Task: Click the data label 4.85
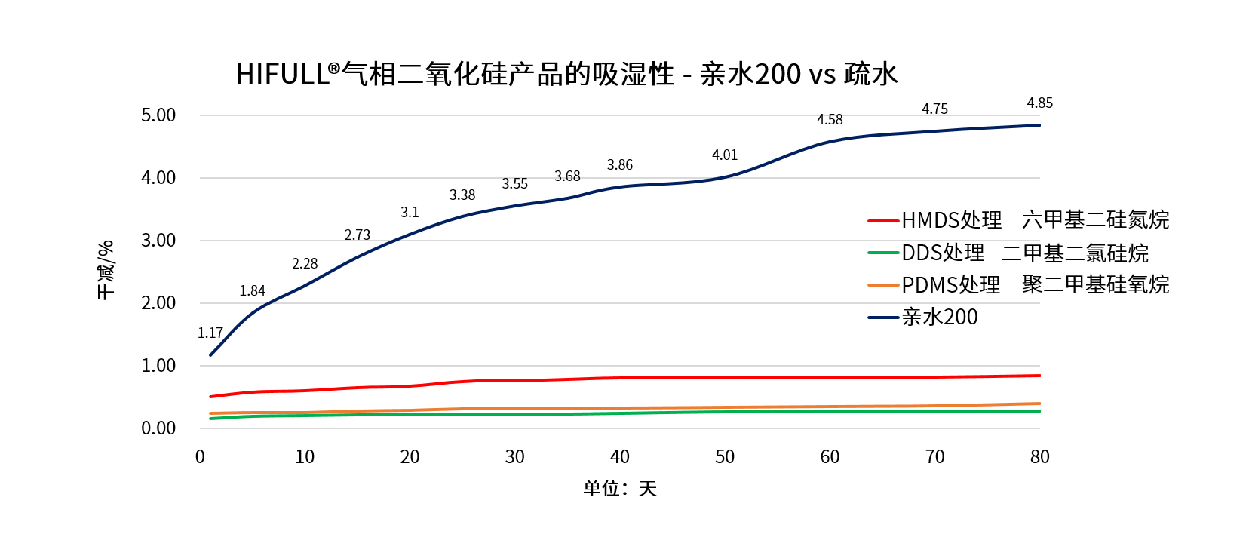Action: [1039, 103]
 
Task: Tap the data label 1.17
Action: [210, 333]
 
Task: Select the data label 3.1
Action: [410, 213]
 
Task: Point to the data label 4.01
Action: [725, 155]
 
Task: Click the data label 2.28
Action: [305, 264]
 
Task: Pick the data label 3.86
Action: [620, 165]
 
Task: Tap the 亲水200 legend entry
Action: [939, 318]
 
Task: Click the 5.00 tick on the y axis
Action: [158, 115]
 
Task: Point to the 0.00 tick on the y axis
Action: [158, 428]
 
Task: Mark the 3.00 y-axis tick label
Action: [158, 241]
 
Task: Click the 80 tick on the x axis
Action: [1039, 457]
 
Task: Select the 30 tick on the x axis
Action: [514, 457]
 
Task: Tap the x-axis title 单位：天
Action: [620, 489]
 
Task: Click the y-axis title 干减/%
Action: [106, 270]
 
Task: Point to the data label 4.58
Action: [830, 120]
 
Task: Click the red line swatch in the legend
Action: [882, 221]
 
